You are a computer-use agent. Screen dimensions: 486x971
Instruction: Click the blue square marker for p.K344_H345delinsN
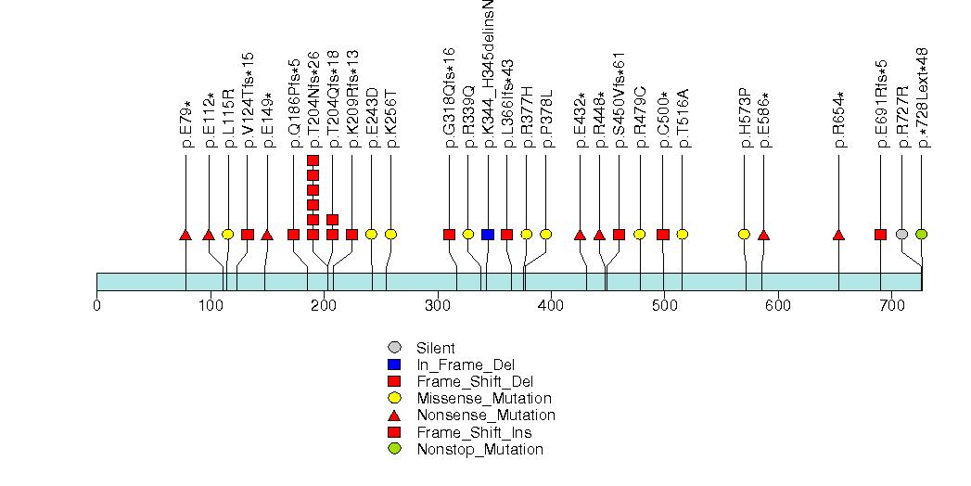(x=488, y=234)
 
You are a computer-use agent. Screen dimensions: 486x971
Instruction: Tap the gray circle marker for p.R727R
(x=901, y=234)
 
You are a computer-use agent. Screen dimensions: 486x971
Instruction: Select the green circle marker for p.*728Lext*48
(x=921, y=234)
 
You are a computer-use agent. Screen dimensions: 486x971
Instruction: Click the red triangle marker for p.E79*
(x=185, y=235)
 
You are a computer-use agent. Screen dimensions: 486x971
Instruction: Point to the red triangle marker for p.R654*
(x=838, y=235)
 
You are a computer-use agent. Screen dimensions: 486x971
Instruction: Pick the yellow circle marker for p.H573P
(x=744, y=234)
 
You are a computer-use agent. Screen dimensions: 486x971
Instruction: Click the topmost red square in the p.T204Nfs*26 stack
(x=313, y=160)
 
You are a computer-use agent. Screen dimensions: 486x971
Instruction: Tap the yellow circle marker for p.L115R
(x=227, y=234)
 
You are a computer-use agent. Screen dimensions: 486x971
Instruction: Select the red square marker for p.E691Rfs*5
(x=880, y=234)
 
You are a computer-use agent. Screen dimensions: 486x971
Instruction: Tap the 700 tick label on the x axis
(x=891, y=304)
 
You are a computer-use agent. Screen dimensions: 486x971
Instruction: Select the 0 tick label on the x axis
(x=97, y=304)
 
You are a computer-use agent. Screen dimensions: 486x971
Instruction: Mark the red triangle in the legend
(x=394, y=416)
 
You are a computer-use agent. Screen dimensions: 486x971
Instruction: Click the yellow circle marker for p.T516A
(x=683, y=234)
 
